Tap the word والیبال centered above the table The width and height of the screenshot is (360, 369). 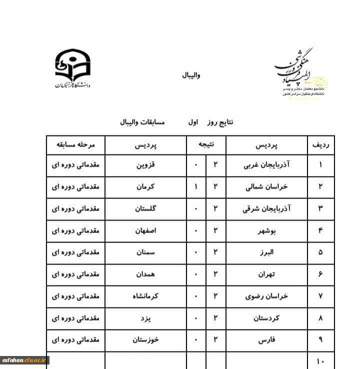point(191,75)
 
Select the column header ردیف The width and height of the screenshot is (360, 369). point(320,145)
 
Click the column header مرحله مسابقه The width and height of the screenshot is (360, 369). point(75,145)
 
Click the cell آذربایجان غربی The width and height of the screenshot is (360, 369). point(267,165)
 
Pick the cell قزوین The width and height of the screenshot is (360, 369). point(146,165)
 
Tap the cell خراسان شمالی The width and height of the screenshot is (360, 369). point(267,187)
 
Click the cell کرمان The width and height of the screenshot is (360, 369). point(146,187)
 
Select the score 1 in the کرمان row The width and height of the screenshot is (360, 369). point(196,187)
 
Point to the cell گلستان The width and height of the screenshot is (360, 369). point(146,209)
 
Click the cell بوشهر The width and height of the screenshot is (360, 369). point(267,231)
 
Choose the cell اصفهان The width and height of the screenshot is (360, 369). point(146,231)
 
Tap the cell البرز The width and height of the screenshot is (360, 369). point(267,252)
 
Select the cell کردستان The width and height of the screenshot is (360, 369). point(267,318)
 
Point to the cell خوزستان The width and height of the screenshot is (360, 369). point(146,339)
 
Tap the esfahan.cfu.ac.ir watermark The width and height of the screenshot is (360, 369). point(24,360)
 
